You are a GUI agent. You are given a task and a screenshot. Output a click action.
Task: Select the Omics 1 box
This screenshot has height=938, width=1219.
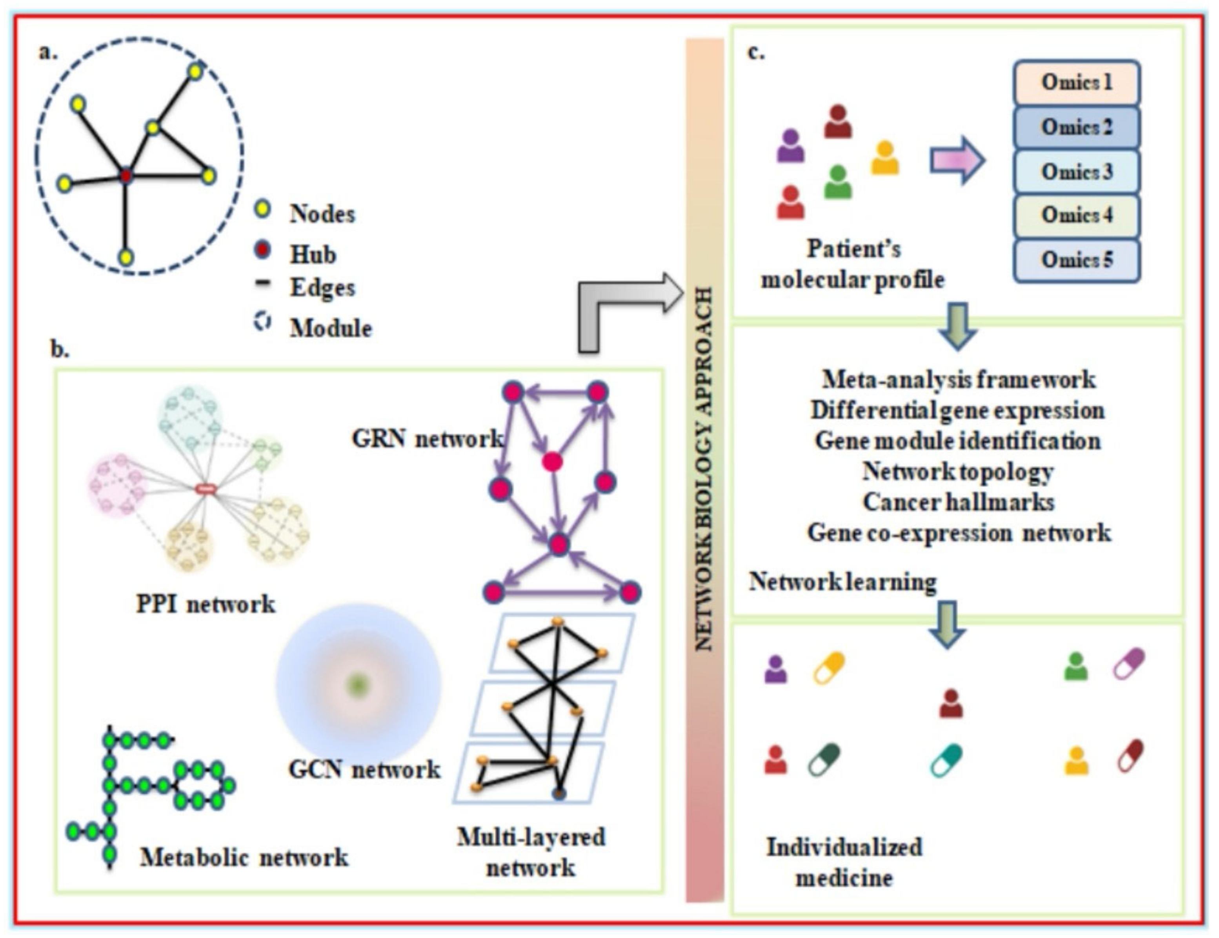coord(1076,83)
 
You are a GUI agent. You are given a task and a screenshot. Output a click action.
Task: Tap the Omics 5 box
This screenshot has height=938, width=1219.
coord(1076,260)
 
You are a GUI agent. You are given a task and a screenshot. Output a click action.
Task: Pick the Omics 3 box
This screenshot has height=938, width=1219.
coord(1076,171)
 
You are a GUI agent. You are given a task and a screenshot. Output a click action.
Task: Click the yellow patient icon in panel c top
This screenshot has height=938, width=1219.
coord(885,158)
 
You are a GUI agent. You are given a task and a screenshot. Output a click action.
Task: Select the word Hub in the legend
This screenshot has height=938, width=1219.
coord(313,254)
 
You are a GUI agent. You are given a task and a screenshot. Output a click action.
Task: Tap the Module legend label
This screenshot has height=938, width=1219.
coord(330,328)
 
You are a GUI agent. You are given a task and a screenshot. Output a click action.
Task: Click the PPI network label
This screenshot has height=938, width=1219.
coord(206,604)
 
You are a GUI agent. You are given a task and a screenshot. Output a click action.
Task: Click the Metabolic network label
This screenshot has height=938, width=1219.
coord(244,857)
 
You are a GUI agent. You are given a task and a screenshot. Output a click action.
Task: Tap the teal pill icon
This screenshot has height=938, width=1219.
coord(946,760)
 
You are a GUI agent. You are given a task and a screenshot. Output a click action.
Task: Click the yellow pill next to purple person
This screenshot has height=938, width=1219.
coord(828,668)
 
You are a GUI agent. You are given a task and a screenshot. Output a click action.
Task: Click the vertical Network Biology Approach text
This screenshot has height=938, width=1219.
coord(704,469)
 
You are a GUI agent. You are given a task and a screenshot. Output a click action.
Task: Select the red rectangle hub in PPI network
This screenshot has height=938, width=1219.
coord(206,489)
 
